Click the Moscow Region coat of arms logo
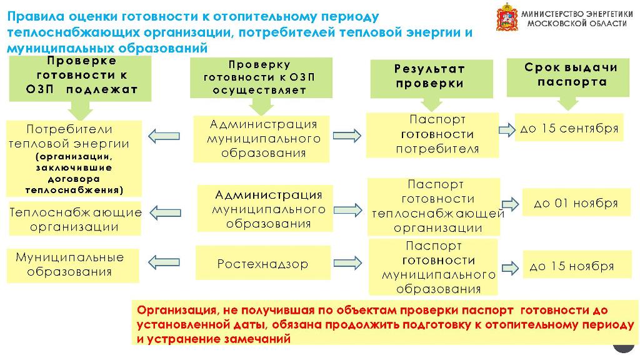pos(507,17)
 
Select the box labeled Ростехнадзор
pos(263,263)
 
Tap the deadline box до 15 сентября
pos(569,127)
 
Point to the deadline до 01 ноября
pos(576,202)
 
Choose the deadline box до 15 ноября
pos(577,265)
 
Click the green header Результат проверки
pos(431,79)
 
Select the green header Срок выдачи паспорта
pos(568,77)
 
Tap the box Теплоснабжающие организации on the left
pos(75,219)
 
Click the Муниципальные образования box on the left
pos(72,266)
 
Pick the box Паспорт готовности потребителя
pos(432,135)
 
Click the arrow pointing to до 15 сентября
pos(506,130)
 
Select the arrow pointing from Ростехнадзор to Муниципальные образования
pos(164,262)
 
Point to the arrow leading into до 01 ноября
pos(510,204)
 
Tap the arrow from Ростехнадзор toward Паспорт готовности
pos(347,263)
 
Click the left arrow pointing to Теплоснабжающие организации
pos(165,212)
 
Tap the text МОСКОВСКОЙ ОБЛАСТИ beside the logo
pos(577,24)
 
